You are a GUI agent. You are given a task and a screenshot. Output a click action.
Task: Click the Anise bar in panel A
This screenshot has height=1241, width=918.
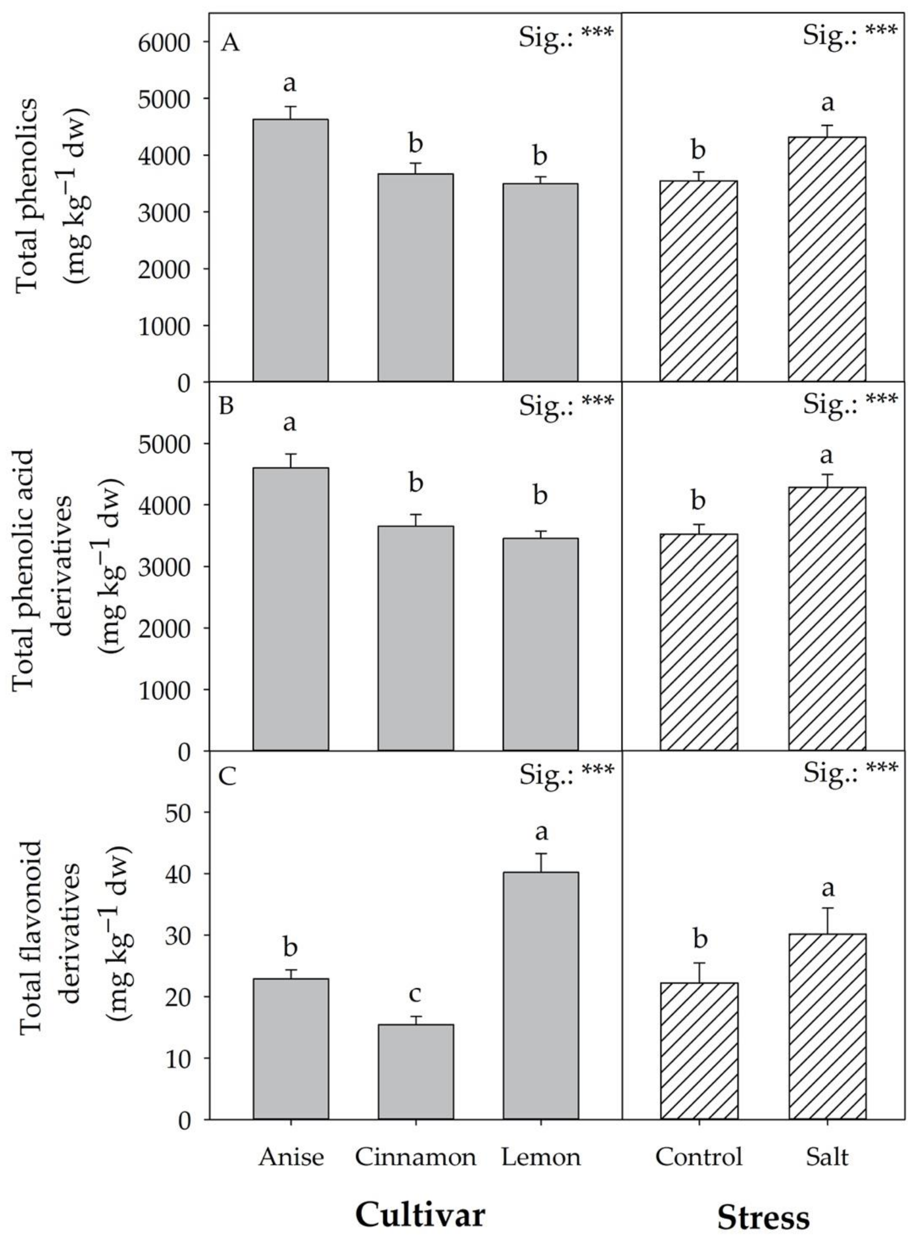[x=291, y=250]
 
